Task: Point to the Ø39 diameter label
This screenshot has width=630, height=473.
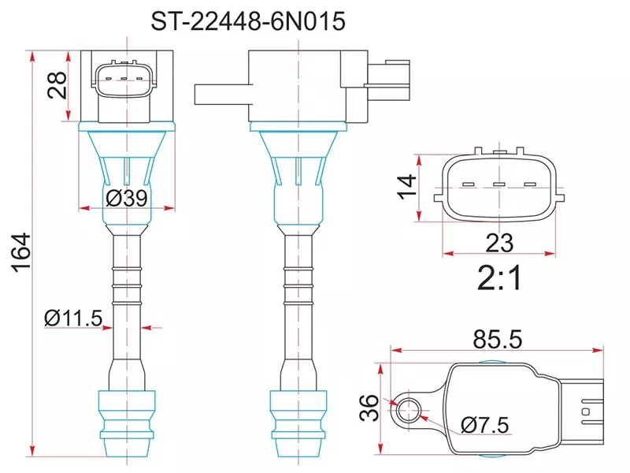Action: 126,199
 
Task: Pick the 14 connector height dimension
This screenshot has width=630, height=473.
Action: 407,186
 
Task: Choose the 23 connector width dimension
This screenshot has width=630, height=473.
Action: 499,241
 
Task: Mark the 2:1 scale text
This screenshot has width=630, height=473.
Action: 499,277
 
